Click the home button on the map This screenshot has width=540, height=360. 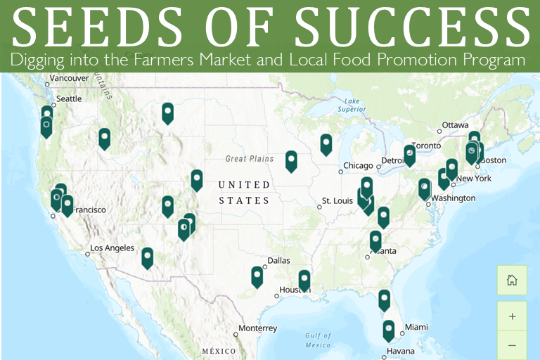tap(512, 280)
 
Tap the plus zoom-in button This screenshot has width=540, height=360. tap(512, 316)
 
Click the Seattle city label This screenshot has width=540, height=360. tap(69, 99)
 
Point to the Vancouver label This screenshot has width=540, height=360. tap(70, 77)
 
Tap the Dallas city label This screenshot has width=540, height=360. tap(278, 260)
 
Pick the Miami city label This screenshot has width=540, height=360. tap(416, 327)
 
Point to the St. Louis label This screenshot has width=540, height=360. tap(337, 201)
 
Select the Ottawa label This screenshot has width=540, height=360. tap(455, 125)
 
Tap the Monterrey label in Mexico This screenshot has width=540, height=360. tap(257, 328)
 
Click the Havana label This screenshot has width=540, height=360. tap(399, 351)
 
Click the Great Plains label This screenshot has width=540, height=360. tap(250, 159)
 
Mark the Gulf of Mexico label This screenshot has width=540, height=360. tap(318, 340)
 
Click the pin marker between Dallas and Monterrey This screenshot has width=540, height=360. tap(257, 276)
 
